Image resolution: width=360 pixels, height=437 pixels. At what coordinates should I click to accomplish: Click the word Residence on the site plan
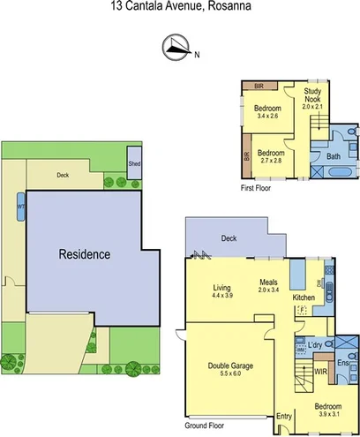(85, 254)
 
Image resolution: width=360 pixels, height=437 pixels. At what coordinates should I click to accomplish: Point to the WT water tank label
(19, 208)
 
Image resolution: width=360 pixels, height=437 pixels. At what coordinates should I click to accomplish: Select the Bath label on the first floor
(334, 156)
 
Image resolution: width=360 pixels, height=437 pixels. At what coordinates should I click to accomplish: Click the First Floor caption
(256, 188)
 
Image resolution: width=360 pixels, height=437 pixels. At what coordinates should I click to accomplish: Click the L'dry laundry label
(317, 345)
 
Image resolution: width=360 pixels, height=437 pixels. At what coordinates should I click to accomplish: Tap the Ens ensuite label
(344, 362)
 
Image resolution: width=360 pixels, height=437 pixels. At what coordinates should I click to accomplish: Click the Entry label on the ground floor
(283, 416)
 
